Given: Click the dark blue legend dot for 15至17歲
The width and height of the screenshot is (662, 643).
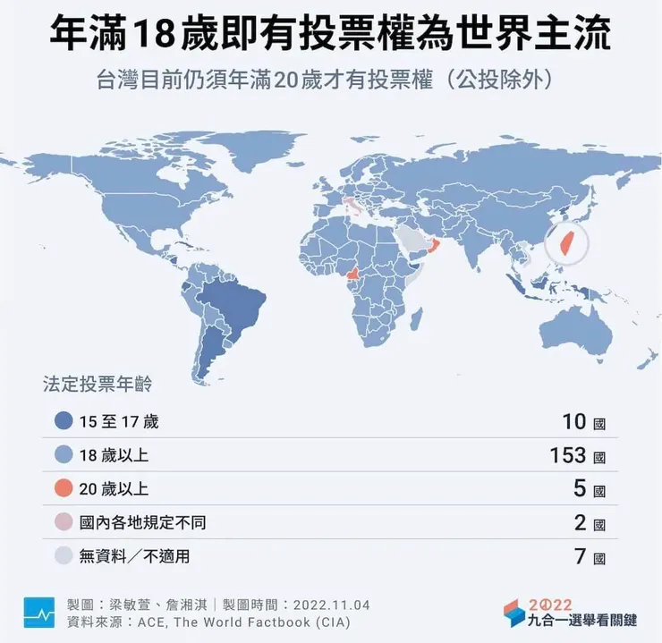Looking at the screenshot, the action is click(63, 421).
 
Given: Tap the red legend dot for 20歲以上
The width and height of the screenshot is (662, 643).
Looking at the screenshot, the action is click(63, 488).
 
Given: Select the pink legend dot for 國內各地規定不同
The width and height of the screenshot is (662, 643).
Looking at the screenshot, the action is click(63, 522).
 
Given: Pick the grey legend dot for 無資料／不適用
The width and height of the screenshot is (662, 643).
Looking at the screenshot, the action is click(63, 556).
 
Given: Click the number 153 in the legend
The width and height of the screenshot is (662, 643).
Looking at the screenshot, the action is click(567, 455).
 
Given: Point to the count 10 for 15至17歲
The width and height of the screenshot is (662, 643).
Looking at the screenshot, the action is click(574, 421).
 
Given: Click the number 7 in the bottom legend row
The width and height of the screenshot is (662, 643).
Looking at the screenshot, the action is click(580, 556).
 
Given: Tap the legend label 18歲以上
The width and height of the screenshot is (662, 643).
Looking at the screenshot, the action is click(113, 455).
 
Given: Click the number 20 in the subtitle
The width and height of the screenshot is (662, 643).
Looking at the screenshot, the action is click(293, 79).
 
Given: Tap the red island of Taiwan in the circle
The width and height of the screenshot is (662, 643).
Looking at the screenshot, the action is click(564, 241).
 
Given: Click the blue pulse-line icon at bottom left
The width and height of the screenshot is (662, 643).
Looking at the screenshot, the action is click(39, 613).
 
